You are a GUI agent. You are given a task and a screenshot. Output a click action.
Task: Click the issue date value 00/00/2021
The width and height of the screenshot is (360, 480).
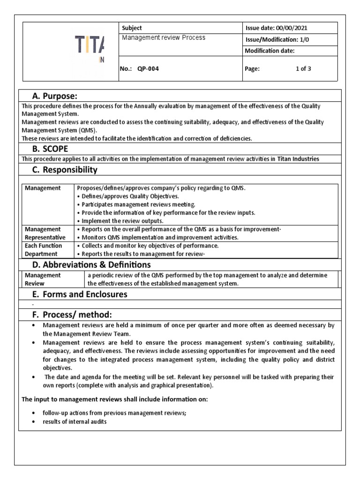292,28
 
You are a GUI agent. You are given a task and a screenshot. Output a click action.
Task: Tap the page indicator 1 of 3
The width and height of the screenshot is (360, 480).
303,68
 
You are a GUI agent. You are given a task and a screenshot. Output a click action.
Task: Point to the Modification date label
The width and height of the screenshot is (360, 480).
270,51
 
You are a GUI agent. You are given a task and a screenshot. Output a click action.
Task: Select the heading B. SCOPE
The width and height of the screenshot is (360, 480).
51,149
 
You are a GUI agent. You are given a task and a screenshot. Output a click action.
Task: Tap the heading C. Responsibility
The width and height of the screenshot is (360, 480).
65,170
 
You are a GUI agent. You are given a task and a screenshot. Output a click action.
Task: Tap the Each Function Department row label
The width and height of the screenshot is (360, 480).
43,250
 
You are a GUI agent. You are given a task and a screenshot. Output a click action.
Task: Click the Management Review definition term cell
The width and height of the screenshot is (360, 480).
43,279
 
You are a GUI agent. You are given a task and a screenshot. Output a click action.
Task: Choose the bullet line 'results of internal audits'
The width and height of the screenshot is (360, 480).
75,422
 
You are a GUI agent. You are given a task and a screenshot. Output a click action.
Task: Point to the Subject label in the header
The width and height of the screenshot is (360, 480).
132,28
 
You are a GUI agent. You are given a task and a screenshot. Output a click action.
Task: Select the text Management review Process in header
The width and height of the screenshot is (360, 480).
164,38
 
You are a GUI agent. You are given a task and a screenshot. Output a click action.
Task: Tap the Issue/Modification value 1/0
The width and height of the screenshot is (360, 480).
305,40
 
